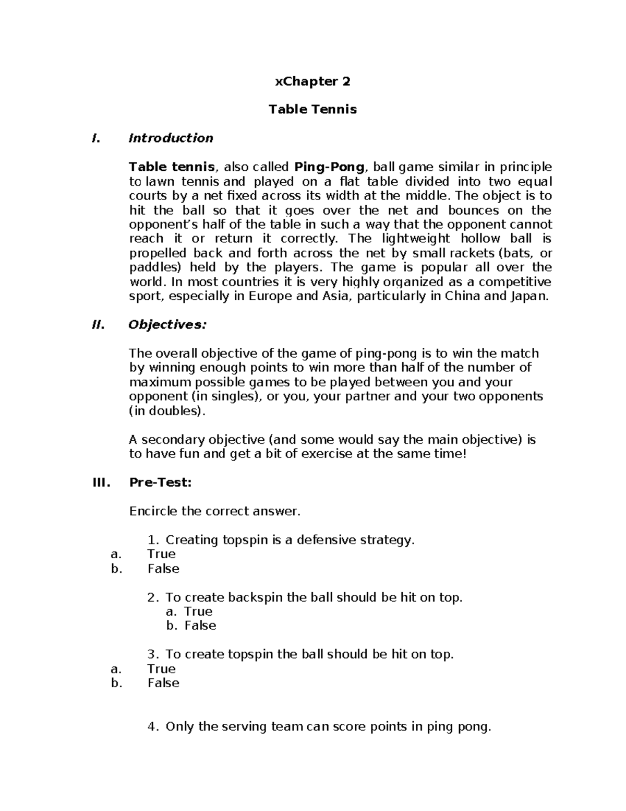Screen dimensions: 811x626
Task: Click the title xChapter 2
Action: [312, 81]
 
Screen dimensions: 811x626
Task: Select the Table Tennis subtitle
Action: [312, 110]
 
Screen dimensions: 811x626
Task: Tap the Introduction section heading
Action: [171, 138]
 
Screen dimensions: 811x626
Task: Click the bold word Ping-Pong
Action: [329, 167]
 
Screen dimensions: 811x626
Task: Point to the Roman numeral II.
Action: [98, 325]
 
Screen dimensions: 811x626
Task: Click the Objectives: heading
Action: [167, 325]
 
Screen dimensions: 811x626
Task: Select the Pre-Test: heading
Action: [160, 483]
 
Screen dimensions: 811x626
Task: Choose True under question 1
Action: [161, 554]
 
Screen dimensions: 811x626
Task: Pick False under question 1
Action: [163, 569]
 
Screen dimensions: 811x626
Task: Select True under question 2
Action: [198, 612]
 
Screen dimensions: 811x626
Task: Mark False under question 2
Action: [200, 626]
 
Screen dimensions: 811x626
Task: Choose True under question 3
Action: [161, 669]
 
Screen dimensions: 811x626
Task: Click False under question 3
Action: [163, 683]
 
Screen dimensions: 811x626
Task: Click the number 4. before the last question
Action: [153, 727]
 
